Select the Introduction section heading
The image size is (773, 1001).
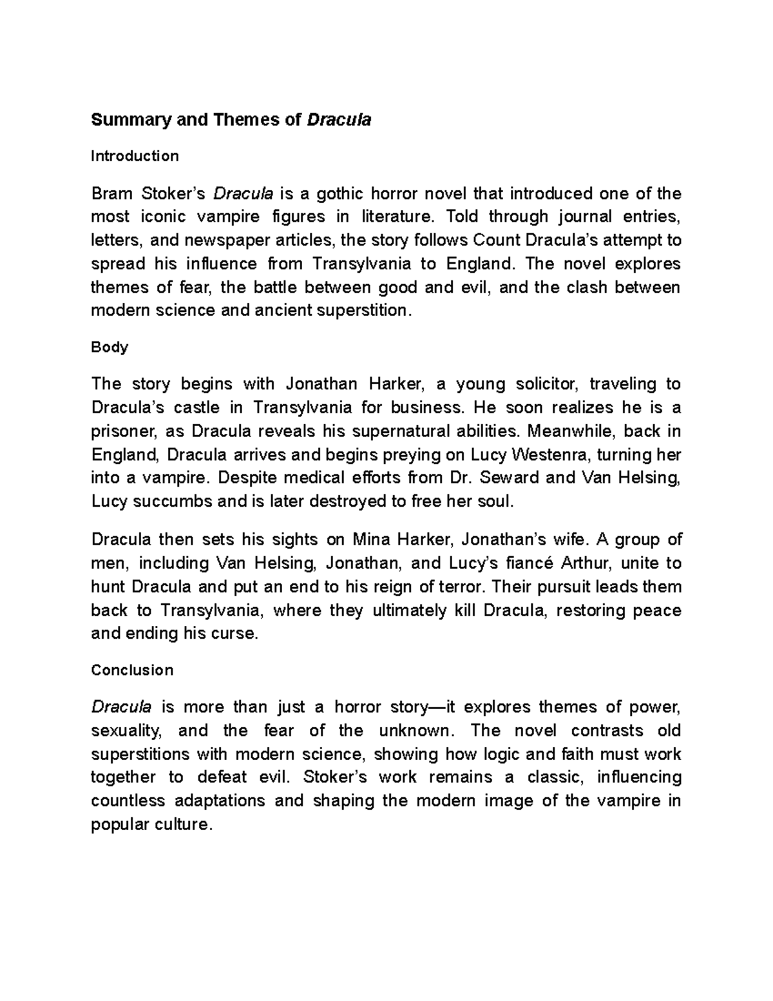coord(135,156)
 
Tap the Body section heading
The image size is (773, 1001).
coord(110,347)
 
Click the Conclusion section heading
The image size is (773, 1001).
coord(132,670)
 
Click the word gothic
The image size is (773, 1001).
coord(334,193)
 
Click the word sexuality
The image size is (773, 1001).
coord(124,731)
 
